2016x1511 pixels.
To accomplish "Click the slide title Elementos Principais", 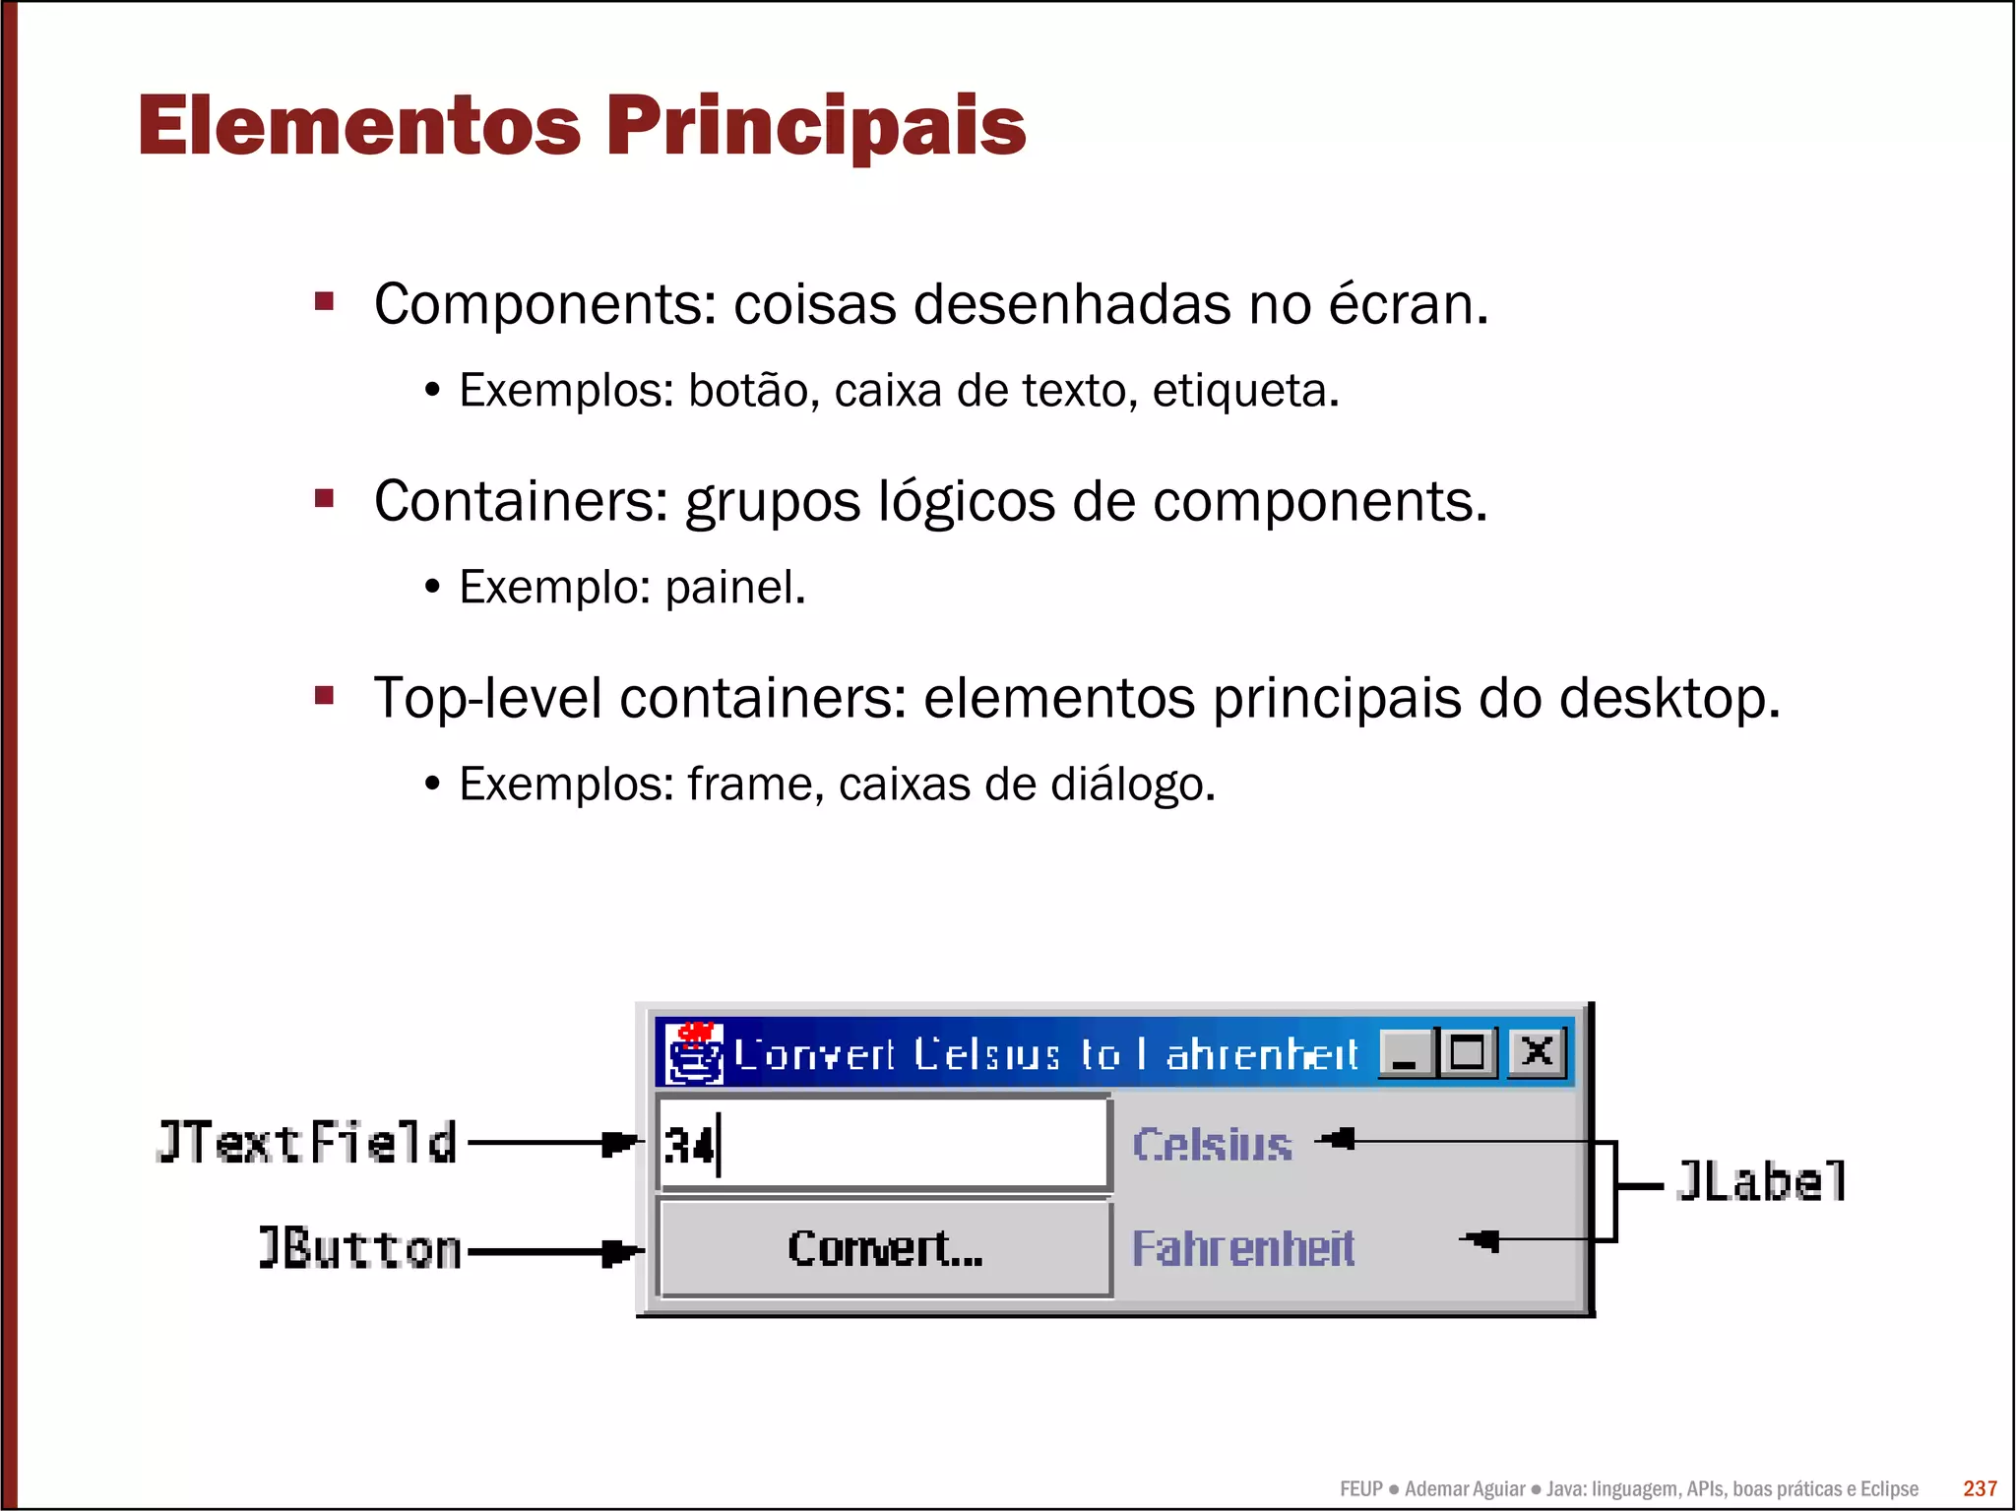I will coord(582,126).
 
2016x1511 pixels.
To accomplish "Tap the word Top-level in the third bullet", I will coord(487,699).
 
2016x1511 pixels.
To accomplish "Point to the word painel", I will coord(734,588).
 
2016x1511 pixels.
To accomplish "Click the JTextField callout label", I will coord(306,1143).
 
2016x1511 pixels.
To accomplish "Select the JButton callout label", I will coord(359,1248).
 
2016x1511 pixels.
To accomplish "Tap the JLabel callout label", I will coord(1761,1181).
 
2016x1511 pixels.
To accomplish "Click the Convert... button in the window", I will coord(884,1248).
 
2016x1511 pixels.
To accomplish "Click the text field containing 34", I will coord(883,1145).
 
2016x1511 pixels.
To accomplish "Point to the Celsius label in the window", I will coord(1212,1145).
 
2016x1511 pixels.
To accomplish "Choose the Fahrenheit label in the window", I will coord(1243,1248).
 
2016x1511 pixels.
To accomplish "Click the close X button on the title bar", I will coord(1537,1052).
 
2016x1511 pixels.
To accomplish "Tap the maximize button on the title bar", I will coord(1467,1052).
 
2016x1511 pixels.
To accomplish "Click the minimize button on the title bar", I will coord(1407,1052).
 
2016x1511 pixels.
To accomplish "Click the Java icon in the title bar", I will coord(696,1053).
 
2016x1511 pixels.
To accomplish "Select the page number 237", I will coord(1980,1488).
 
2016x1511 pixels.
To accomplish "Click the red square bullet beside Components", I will coord(325,301).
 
